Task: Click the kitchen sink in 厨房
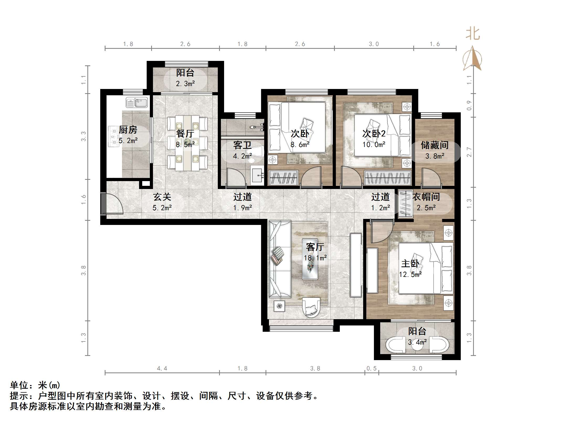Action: [x=137, y=102]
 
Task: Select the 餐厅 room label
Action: [x=185, y=134]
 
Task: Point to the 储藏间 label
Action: [x=435, y=145]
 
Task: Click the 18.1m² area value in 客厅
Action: [x=315, y=258]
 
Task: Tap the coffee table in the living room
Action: [x=310, y=259]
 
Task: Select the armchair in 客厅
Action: [x=311, y=307]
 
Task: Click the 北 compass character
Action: [x=473, y=34]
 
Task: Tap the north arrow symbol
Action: [x=472, y=59]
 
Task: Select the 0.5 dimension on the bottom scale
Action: [x=371, y=369]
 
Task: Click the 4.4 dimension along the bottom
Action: [x=162, y=369]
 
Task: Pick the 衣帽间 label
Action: [x=426, y=197]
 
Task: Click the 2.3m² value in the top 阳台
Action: [x=185, y=84]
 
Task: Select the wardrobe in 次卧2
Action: [x=388, y=178]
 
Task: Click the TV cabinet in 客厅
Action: [x=356, y=265]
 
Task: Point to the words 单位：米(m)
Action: [x=35, y=385]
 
